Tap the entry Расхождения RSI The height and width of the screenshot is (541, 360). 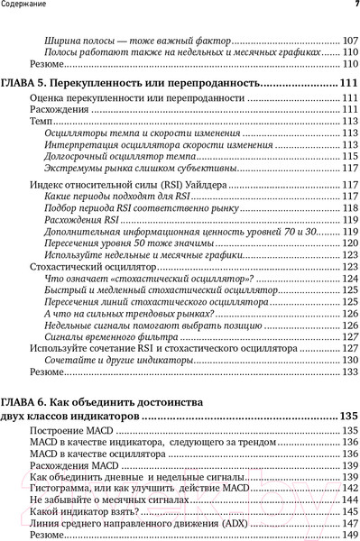pos(73,220)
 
